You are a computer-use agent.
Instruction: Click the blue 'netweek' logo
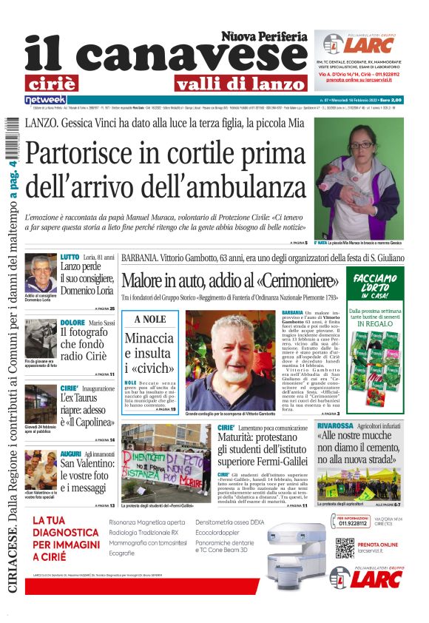pyautogui.click(x=46, y=99)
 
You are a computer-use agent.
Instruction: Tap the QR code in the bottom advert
pyautogui.click(x=345, y=548)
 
